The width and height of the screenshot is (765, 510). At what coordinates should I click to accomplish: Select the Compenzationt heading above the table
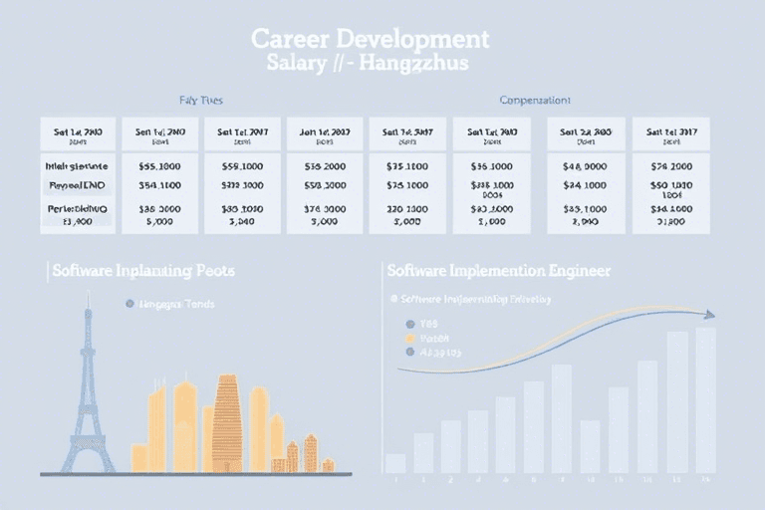pos(535,101)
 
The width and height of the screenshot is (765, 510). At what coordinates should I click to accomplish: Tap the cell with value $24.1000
pos(585,185)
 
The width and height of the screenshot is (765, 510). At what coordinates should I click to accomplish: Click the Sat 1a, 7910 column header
pos(492,130)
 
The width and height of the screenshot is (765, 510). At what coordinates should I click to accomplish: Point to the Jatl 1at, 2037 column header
pos(326,130)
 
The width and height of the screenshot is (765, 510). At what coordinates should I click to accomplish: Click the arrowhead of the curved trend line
pos(709,315)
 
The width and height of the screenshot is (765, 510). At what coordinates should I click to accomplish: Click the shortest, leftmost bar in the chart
pos(395,463)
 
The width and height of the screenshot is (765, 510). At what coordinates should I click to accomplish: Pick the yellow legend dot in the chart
pos(408,338)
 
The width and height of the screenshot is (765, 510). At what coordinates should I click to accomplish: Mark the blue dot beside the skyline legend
pos(128,303)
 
